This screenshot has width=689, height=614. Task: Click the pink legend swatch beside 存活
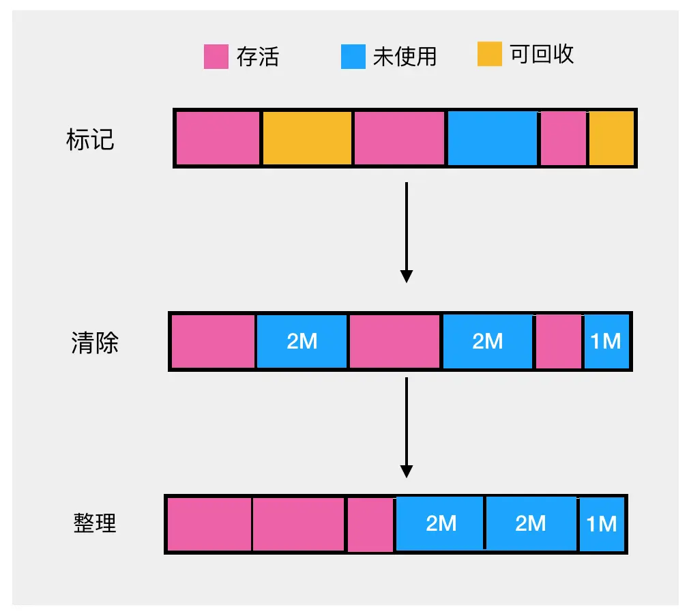coord(216,57)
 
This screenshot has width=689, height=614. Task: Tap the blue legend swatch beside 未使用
coord(353,57)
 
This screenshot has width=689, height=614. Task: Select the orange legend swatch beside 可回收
coord(489,55)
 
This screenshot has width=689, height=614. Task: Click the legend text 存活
coord(258,57)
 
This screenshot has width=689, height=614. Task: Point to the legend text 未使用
coord(405,57)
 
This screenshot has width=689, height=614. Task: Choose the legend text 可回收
coord(542,55)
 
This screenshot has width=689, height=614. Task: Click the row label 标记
coord(90,139)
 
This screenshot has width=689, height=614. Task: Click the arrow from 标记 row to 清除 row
coord(407,232)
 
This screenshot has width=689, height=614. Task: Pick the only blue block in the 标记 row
coord(492,138)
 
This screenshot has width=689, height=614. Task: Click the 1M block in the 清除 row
coord(606,341)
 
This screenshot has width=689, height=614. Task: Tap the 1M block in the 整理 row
coord(602,524)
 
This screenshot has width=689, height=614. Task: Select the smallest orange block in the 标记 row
coord(611,138)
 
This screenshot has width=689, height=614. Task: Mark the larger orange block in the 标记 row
coord(307,138)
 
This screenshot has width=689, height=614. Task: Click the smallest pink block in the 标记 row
coord(563,138)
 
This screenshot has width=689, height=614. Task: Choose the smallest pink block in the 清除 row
coord(559,341)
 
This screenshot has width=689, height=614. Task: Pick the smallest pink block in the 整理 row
coord(370,524)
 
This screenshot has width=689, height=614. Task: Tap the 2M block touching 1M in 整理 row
coord(531,524)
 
